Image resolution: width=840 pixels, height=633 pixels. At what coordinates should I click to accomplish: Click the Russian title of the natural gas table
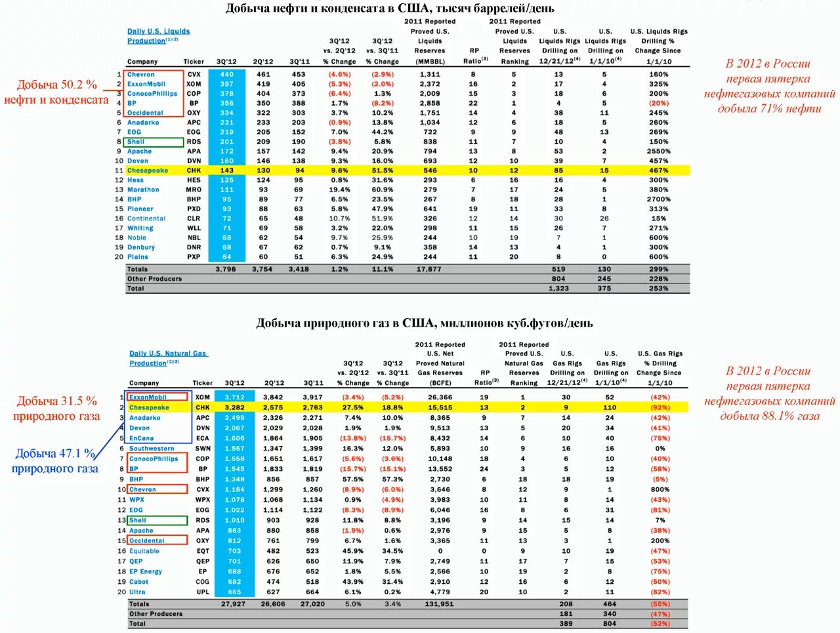tap(424, 323)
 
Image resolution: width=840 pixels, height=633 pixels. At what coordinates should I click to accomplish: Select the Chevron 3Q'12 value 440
tap(227, 75)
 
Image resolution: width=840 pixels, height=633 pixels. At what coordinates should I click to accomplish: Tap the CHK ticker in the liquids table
tap(194, 171)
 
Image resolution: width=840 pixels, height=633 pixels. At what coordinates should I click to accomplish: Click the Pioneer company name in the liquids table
tap(140, 209)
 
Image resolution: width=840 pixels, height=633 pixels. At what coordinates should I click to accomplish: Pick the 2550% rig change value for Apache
tap(658, 152)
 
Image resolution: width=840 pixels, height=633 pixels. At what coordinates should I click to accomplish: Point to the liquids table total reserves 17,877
tap(429, 269)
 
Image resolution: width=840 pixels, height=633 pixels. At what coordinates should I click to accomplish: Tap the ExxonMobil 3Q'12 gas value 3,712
tap(234, 398)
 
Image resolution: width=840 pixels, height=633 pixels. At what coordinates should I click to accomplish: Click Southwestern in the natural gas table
tap(152, 449)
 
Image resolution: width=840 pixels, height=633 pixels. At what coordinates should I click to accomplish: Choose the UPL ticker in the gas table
tap(203, 592)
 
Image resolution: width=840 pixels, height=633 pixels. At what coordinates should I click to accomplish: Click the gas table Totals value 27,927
tap(234, 604)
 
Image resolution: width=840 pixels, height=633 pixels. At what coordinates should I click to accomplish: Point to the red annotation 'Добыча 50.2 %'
tap(56, 85)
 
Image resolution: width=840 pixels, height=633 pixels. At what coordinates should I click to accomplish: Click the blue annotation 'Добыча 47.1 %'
tap(55, 454)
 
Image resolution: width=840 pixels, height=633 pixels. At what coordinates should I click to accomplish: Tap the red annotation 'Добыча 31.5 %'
tap(56, 401)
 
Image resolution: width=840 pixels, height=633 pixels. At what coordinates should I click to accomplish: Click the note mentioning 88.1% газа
tap(769, 393)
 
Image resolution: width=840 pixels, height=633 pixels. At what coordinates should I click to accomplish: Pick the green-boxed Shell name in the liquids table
tap(136, 142)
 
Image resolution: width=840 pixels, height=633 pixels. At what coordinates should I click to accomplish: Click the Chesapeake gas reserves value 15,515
tap(440, 407)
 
